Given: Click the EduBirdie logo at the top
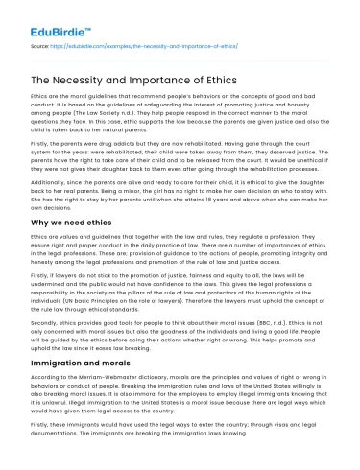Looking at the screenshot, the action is (49, 19).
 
